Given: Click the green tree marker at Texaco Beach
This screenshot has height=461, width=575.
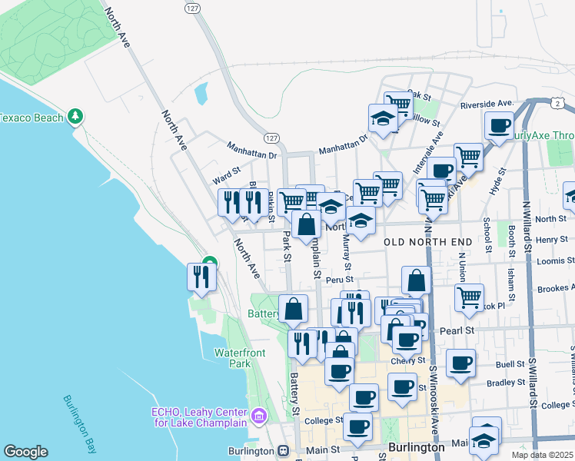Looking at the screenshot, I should [75, 117].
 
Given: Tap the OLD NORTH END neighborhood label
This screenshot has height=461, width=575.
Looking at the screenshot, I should [427, 242].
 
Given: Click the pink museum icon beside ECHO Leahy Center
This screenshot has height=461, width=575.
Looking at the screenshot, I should [260, 417].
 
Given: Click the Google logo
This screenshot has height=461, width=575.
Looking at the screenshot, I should [26, 452].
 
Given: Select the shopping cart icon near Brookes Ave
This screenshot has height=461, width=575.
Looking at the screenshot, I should [468, 297].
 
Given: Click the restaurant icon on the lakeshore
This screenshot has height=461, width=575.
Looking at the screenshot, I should [201, 277].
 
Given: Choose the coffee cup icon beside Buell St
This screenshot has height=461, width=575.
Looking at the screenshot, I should [460, 363].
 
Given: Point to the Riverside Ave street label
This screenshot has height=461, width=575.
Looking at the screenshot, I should [486, 104].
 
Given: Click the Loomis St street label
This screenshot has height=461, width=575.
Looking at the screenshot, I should [552, 260].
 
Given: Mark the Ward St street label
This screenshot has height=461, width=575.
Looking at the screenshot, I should [227, 174].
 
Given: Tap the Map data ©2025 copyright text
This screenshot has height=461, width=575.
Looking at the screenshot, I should [542, 455].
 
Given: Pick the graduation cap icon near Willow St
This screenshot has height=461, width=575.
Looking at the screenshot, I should [383, 118].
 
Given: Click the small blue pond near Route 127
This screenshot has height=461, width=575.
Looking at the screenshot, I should [201, 94].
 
